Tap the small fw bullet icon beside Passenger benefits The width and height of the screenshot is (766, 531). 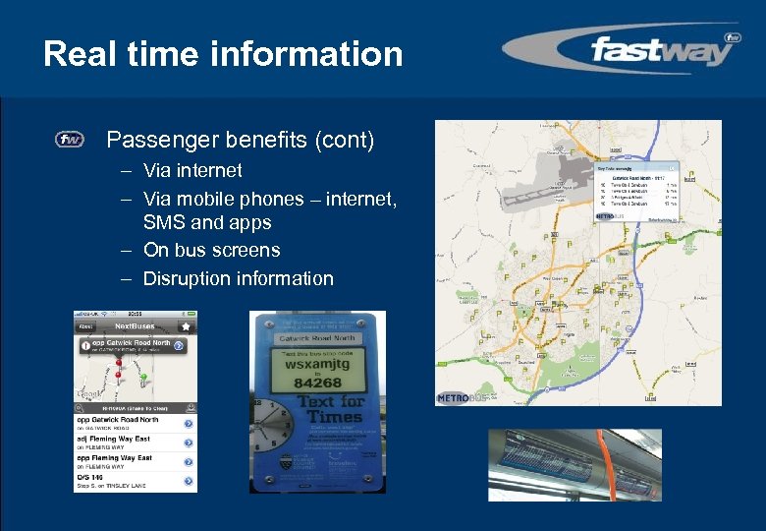(69, 140)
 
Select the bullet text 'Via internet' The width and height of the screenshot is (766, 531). (192, 170)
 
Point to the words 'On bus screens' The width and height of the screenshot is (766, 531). (211, 251)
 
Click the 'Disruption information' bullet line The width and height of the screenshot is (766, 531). (238, 278)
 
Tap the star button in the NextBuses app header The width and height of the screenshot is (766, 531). (186, 325)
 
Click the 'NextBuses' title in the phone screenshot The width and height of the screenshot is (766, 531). (137, 325)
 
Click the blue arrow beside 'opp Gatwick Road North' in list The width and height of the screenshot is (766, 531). (188, 423)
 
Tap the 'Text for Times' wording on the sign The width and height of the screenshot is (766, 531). (331, 409)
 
